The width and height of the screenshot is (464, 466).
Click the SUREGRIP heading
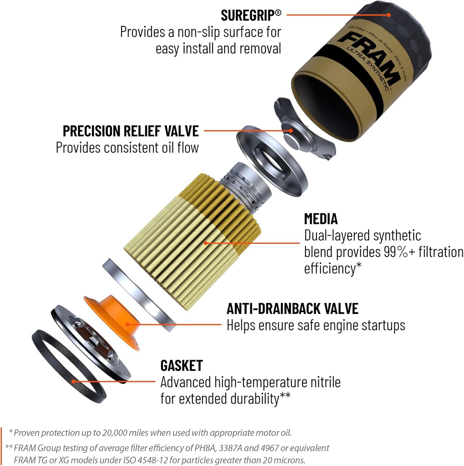(x=251, y=15)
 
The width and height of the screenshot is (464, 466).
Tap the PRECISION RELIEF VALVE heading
(x=130, y=131)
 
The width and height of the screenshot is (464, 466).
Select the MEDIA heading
(x=321, y=219)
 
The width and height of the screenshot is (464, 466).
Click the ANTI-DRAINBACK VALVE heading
(x=292, y=309)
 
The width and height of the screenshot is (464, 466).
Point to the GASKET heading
(x=181, y=365)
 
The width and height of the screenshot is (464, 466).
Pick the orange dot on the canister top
(x=389, y=15)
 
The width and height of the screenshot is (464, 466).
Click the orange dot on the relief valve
(x=291, y=131)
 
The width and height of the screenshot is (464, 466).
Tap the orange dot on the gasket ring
(x=74, y=382)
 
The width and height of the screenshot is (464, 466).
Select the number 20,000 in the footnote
(x=114, y=433)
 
